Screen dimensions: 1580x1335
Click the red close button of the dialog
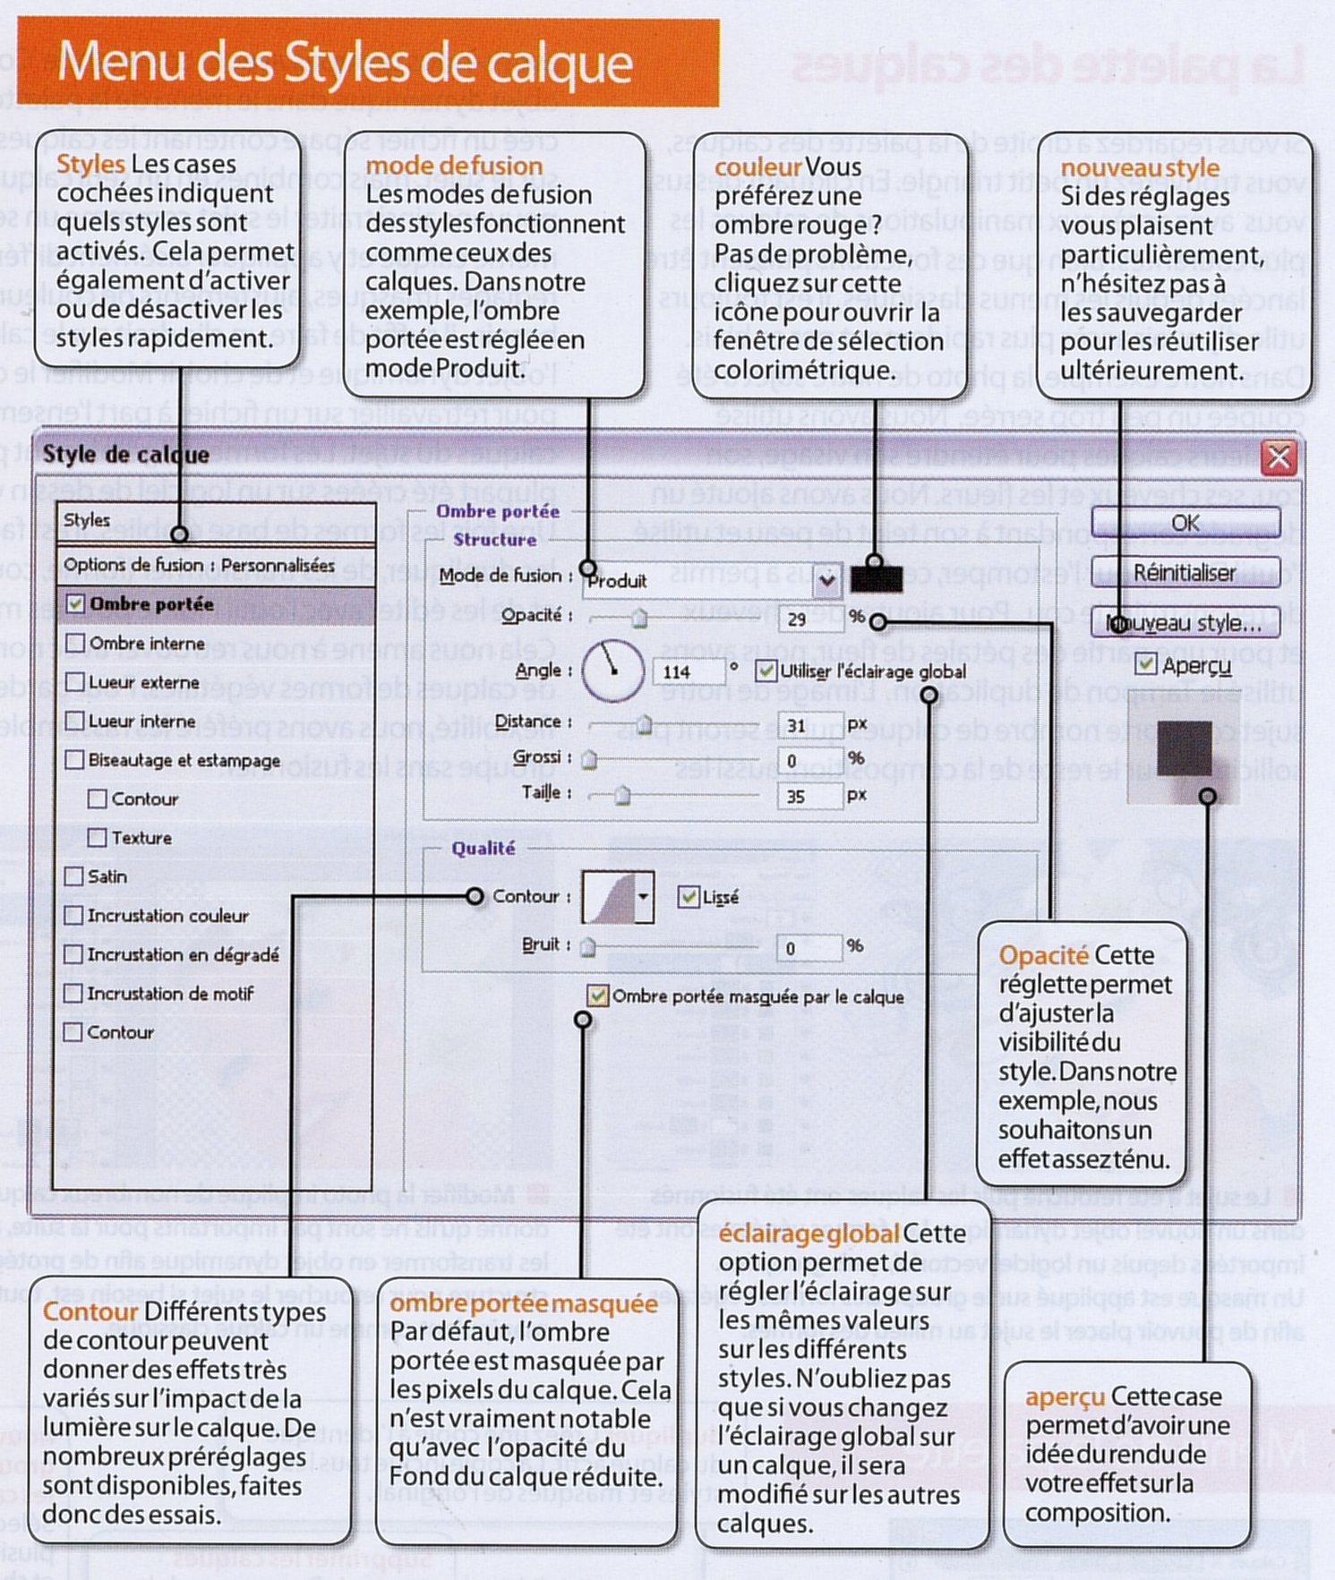[1279, 457]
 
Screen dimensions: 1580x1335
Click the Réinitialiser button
[1184, 572]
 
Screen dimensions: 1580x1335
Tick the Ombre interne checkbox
[76, 643]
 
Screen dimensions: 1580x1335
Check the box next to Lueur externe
[76, 682]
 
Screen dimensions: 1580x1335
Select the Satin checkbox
[75, 876]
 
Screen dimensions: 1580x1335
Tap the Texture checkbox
[98, 838]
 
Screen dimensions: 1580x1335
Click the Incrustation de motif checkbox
[74, 993]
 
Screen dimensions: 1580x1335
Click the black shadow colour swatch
[876, 579]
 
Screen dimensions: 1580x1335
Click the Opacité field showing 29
[809, 619]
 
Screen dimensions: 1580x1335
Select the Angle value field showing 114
[688, 671]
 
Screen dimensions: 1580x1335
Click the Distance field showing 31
[809, 725]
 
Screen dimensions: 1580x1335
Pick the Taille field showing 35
[809, 796]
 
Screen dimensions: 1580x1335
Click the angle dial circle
[613, 670]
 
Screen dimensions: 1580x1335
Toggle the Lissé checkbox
[689, 897]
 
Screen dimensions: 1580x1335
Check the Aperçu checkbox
[1145, 664]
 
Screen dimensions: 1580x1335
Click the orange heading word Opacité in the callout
[1043, 956]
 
